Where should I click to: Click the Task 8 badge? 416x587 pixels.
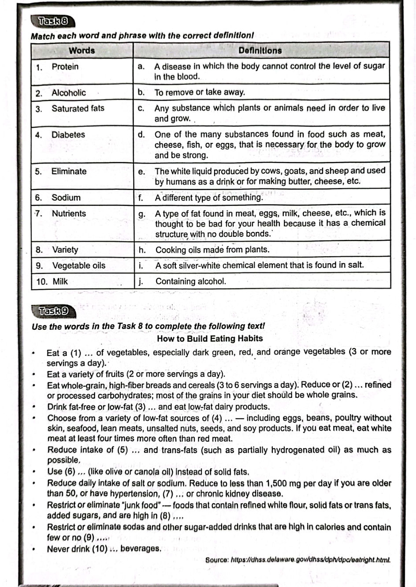(53, 21)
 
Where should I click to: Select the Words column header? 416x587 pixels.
(82, 50)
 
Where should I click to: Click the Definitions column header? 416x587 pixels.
(260, 50)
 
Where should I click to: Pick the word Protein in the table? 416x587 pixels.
(65, 67)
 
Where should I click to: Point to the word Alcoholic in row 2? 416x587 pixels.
(68, 93)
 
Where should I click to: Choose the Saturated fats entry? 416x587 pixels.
(78, 108)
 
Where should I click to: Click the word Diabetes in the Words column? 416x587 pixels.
(68, 135)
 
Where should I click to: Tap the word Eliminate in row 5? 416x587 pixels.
(69, 171)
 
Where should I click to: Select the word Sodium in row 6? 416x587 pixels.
(66, 198)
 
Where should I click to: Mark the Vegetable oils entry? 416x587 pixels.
(79, 265)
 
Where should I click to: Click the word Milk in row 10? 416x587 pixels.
(60, 281)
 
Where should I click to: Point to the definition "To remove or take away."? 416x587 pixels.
(199, 92)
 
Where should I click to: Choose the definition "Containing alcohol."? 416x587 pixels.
(190, 281)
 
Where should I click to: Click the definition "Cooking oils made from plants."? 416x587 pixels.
(212, 250)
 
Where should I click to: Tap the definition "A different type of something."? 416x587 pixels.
(209, 198)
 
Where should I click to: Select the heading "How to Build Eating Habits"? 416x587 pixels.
(210, 339)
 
